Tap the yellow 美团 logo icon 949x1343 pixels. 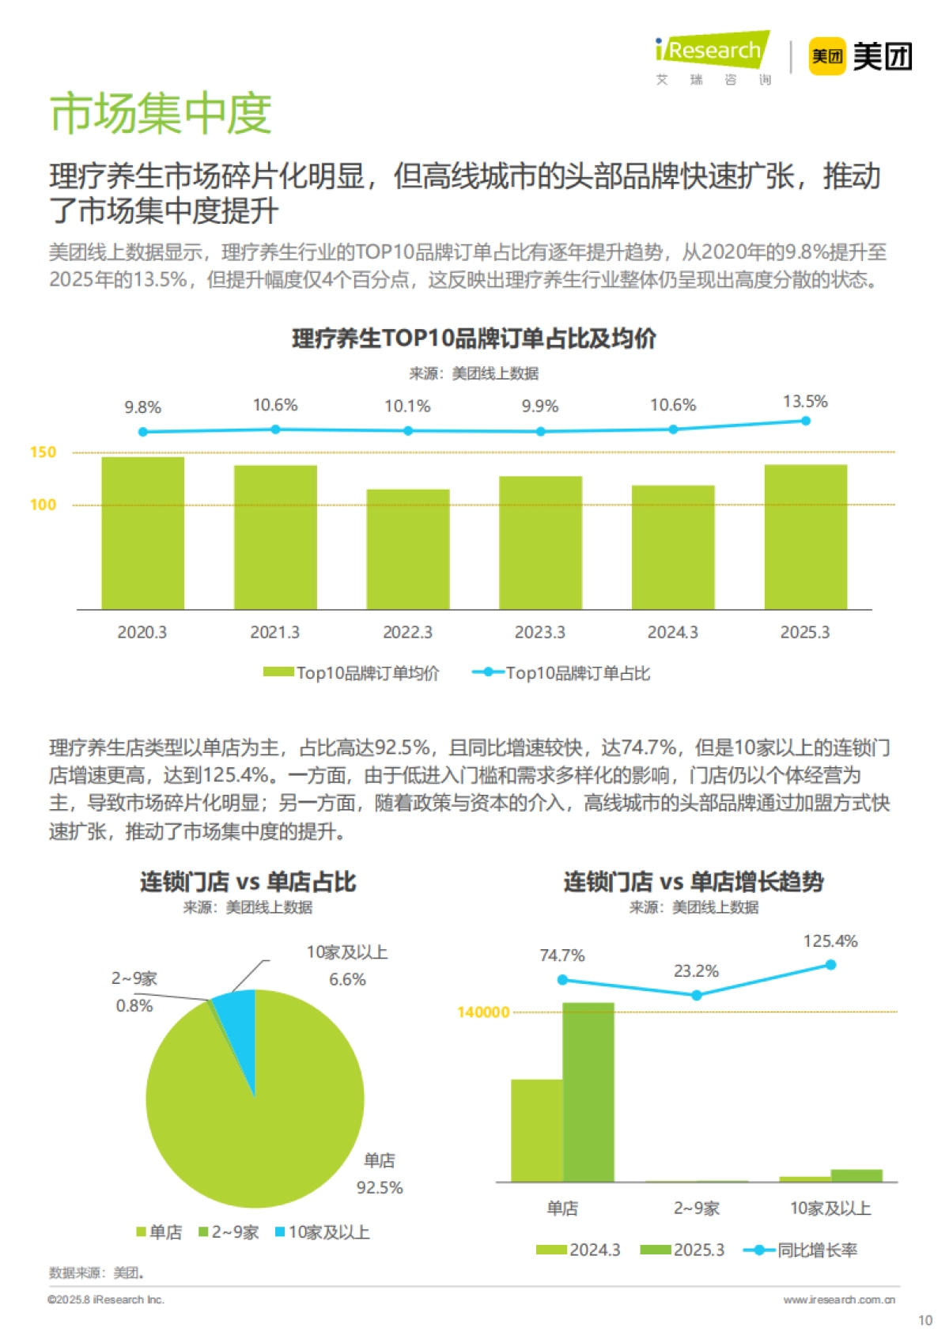pos(826,56)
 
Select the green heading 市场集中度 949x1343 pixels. pos(161,113)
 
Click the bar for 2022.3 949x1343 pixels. pos(408,549)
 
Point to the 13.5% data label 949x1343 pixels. pos(805,402)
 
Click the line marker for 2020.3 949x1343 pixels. pos(143,432)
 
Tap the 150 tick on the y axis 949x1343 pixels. pos(43,452)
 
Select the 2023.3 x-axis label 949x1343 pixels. pos(540,632)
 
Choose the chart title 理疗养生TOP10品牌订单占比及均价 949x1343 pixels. pos(474,339)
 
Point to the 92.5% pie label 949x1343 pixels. pos(380,1188)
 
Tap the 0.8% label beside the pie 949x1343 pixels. pos(134,1006)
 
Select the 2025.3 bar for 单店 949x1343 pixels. pos(588,1091)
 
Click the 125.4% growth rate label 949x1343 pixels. pos(830,941)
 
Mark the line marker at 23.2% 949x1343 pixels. pos(697,995)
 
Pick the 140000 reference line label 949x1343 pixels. pos(483,1012)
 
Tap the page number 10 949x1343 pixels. pos(925,1320)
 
